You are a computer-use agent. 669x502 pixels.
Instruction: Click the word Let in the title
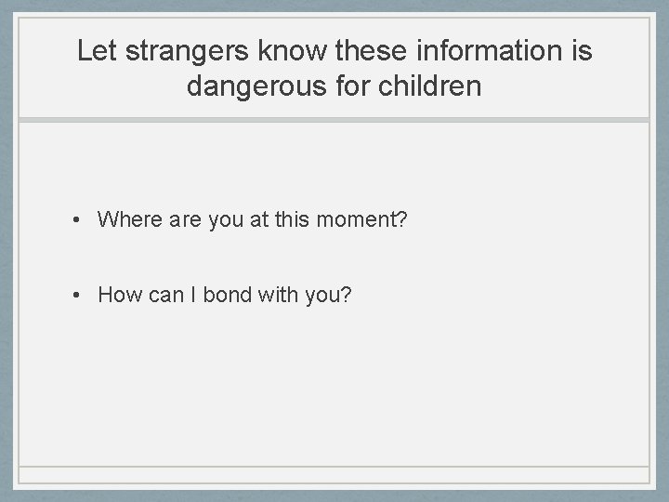tap(94, 51)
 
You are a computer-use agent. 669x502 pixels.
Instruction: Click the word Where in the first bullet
tap(129, 220)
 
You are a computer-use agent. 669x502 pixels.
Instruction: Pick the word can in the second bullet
tap(166, 296)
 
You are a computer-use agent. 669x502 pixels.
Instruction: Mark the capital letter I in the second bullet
tap(194, 296)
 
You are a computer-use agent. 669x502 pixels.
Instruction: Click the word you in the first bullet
tap(230, 220)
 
